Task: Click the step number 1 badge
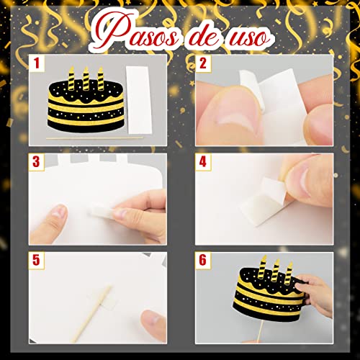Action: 37,63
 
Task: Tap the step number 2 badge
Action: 203,63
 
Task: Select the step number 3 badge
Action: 37,161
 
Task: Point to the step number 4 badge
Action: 203,161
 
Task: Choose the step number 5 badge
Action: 37,258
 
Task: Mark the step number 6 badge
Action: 203,258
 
